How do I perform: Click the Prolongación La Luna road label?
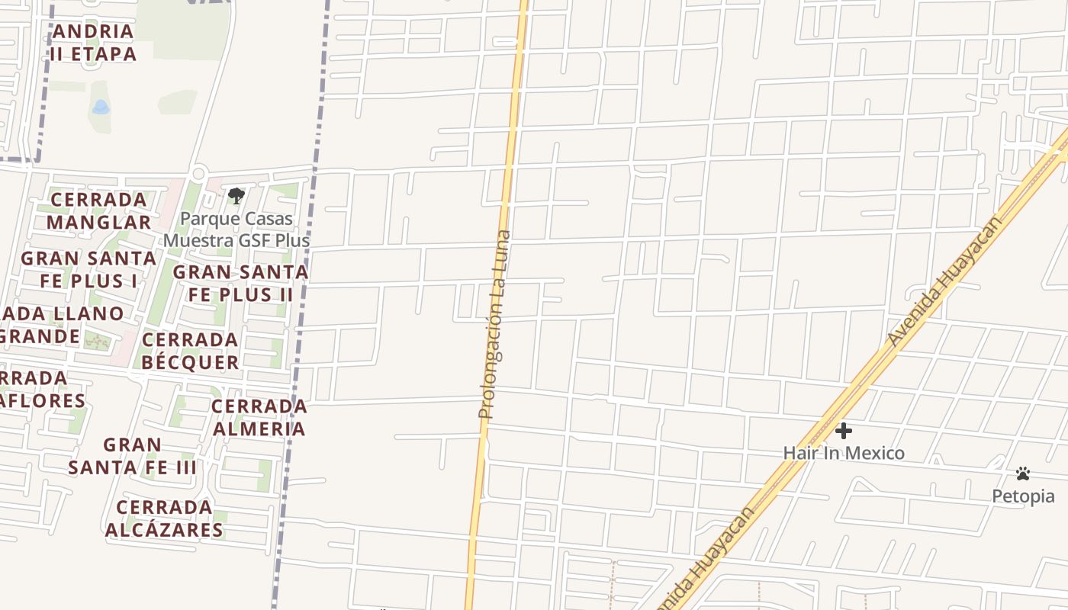coord(495,324)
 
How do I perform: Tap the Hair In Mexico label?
coord(844,453)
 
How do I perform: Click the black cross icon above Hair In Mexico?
coord(843,431)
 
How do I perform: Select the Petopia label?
coord(1023,496)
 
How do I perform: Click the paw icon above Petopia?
coord(1023,474)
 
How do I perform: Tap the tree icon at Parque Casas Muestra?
coord(236,196)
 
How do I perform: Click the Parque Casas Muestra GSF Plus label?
coord(236,230)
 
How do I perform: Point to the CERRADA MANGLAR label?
coord(98,210)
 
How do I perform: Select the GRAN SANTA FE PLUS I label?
coord(88,269)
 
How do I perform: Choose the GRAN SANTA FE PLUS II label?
coord(240,283)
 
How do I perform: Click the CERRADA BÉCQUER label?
coord(190,351)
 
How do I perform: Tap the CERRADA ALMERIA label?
coord(259,417)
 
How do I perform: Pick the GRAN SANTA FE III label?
coord(133,455)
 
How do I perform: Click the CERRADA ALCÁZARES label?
coord(164,518)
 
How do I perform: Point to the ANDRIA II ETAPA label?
coord(93,43)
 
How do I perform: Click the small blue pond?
coord(101,108)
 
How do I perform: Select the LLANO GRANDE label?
coord(53,325)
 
